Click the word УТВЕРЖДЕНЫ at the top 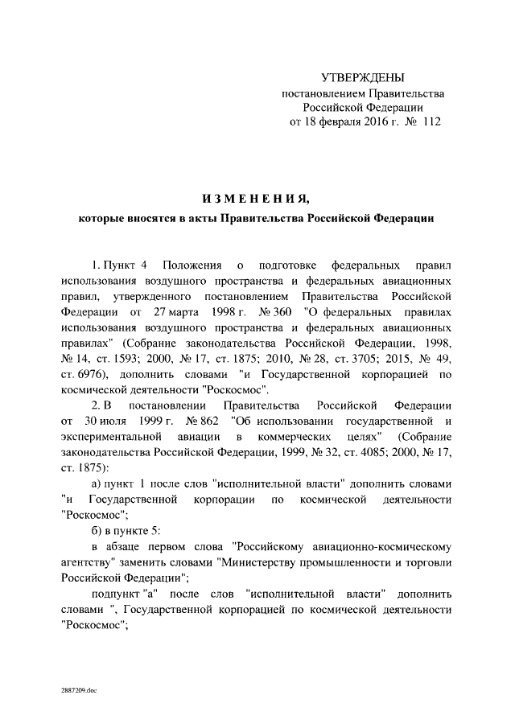point(362,78)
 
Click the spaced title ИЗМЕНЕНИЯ point(255,199)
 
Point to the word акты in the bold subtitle point(198,220)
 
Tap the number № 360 point(263,311)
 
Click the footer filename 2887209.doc point(78,691)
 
